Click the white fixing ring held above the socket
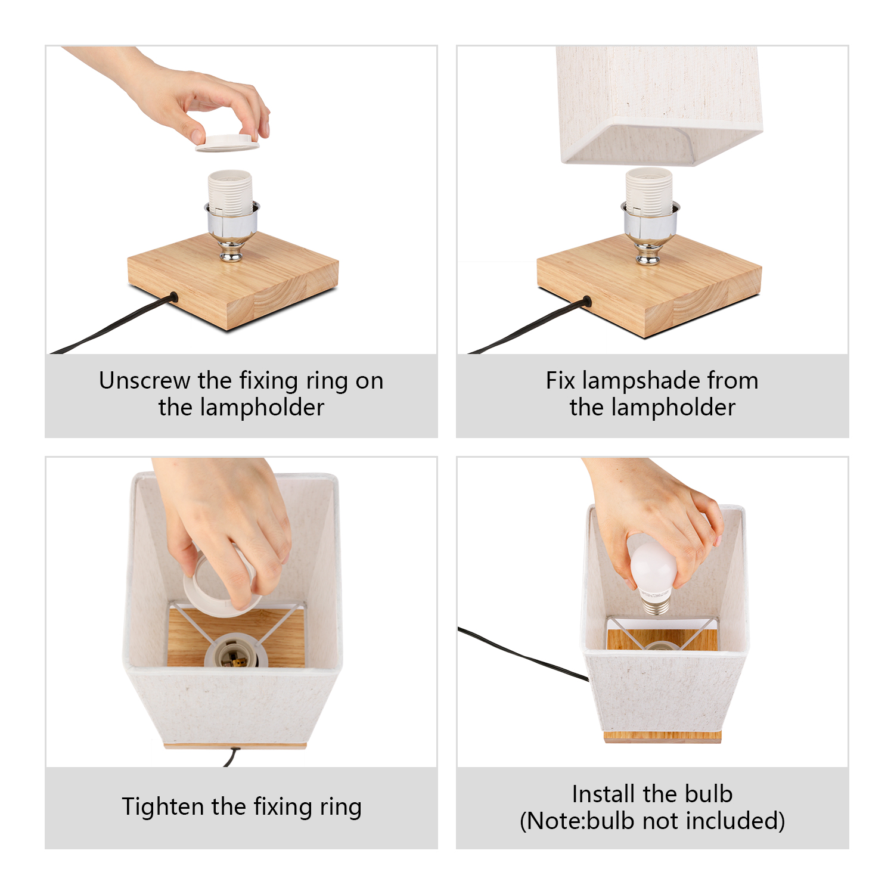(228, 143)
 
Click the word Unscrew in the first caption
(145, 380)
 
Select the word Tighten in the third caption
(163, 807)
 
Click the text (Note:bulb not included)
(652, 821)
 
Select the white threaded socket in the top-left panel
(230, 193)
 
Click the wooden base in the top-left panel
(233, 280)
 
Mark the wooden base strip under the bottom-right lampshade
(663, 737)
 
